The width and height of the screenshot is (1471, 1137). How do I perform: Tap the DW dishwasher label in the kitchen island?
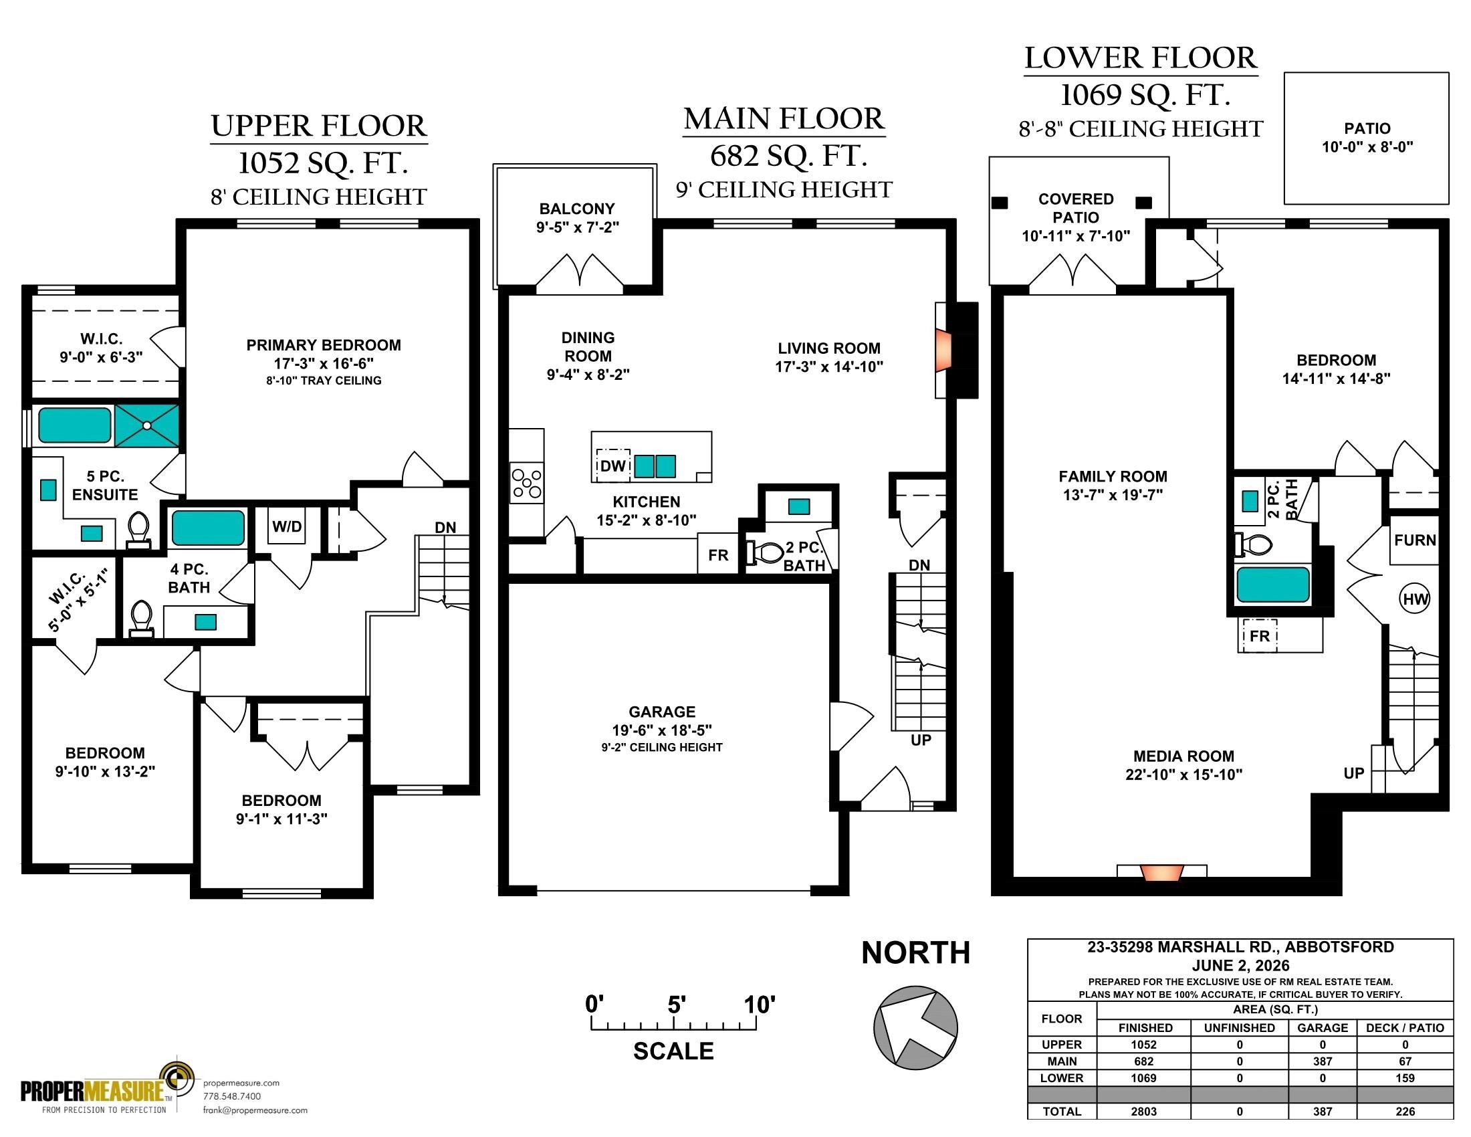(x=613, y=466)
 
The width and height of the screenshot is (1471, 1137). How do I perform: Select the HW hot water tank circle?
(x=1414, y=599)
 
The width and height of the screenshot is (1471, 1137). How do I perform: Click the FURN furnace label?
(x=1414, y=540)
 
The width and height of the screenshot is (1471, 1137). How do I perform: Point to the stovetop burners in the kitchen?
(x=527, y=483)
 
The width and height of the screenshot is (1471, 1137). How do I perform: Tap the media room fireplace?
(x=1162, y=872)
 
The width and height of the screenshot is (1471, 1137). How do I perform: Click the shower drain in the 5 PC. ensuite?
(x=146, y=425)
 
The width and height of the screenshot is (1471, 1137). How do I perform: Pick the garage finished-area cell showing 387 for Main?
(x=1322, y=1061)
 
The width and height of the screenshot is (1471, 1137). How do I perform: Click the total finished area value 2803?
(x=1143, y=1112)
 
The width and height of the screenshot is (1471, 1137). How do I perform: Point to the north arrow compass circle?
(x=915, y=1027)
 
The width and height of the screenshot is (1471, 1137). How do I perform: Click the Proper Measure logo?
(x=108, y=1086)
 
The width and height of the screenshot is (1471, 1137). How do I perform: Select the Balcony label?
(x=577, y=209)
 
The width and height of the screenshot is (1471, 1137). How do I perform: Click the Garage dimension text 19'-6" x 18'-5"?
(x=661, y=730)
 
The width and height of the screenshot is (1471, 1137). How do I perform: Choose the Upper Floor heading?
(x=319, y=126)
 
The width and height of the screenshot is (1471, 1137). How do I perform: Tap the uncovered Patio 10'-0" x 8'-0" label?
(x=1367, y=137)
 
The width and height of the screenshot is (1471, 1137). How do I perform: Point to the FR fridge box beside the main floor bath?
(x=718, y=554)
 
